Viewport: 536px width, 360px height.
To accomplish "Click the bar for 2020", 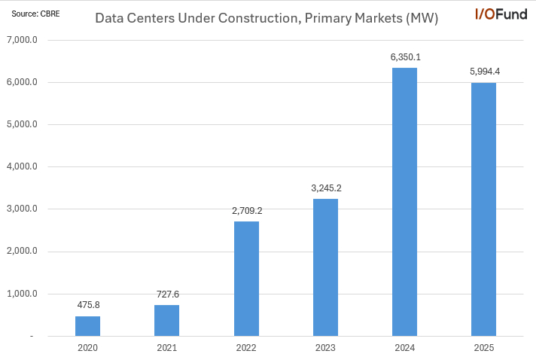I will click(87, 326).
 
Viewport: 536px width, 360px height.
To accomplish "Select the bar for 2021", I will click(166, 320).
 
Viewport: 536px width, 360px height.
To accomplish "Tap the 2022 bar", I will click(246, 279).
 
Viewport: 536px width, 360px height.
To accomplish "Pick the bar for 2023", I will click(325, 267).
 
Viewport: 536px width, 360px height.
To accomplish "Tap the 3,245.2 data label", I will click(325, 188).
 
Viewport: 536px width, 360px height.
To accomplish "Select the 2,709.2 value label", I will click(246, 212).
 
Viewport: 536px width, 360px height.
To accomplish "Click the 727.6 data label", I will click(166, 295).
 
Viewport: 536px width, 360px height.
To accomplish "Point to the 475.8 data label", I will click(87, 306).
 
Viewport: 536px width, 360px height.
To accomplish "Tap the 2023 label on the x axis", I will click(325, 348).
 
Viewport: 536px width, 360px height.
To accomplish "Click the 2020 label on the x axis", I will click(87, 348).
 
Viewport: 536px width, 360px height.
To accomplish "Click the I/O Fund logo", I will click(501, 14).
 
